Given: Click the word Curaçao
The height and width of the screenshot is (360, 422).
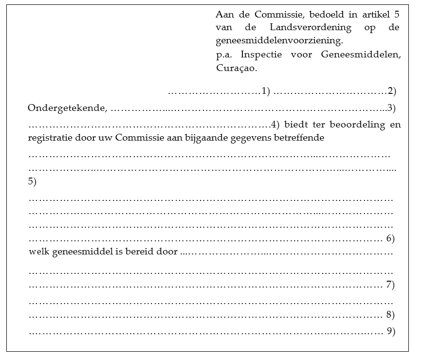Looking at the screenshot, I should (236, 68).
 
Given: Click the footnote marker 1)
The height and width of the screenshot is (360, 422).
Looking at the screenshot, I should (266, 91).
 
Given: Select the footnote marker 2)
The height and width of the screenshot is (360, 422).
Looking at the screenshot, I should (392, 91).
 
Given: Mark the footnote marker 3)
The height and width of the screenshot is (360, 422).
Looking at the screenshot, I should (391, 108).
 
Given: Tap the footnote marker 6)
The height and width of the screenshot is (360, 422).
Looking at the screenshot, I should (390, 238).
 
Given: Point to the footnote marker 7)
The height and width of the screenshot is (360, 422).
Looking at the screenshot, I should (390, 285).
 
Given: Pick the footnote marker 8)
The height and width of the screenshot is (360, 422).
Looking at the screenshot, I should (390, 315).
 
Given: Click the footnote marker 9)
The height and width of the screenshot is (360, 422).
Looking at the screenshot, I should (390, 331).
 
